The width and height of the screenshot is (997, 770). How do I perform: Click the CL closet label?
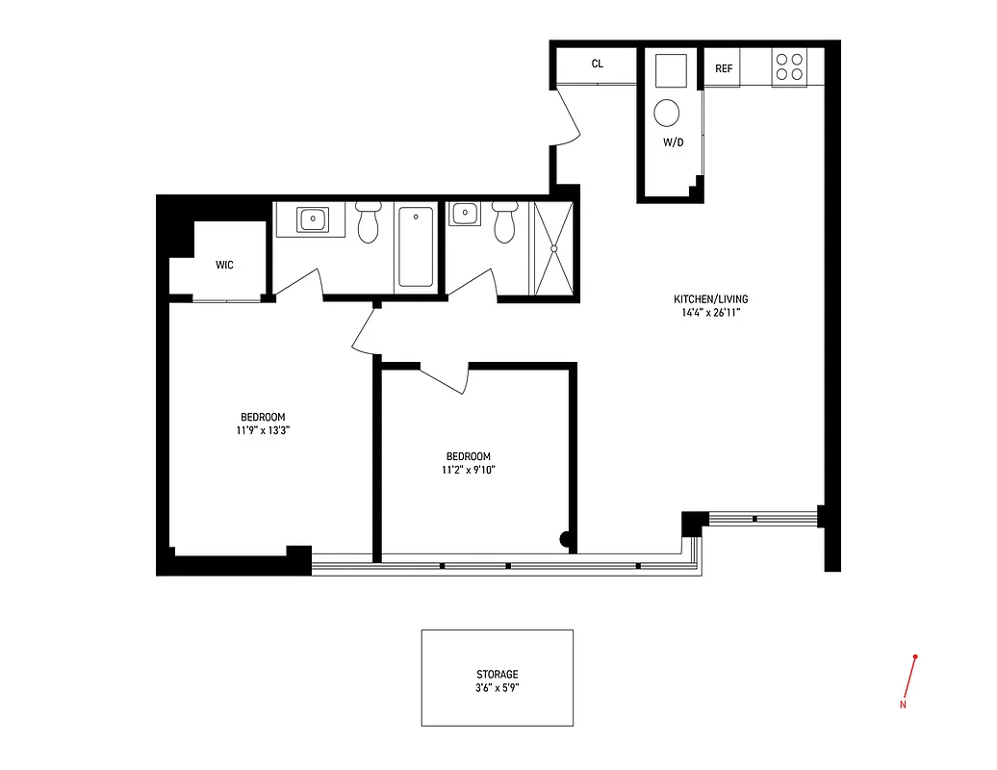pyautogui.click(x=597, y=64)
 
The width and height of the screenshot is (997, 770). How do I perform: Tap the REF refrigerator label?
pyautogui.click(x=724, y=69)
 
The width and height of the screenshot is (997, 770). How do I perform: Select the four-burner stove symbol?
pyautogui.click(x=790, y=66)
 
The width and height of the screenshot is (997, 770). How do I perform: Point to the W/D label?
pyautogui.click(x=673, y=142)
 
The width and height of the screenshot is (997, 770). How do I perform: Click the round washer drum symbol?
pyautogui.click(x=667, y=114)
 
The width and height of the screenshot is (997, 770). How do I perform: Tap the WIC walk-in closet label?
pyautogui.click(x=224, y=265)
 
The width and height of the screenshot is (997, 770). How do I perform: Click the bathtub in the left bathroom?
pyautogui.click(x=416, y=246)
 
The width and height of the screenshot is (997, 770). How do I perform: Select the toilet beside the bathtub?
pyautogui.click(x=368, y=224)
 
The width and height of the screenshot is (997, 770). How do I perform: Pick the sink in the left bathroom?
pyautogui.click(x=312, y=219)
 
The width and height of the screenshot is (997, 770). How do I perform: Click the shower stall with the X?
pyautogui.click(x=553, y=248)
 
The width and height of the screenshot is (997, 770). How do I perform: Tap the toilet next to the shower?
pyautogui.click(x=504, y=224)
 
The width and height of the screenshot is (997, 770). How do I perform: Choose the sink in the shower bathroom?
pyautogui.click(x=465, y=214)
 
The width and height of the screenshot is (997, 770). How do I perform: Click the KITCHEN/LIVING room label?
pyautogui.click(x=712, y=299)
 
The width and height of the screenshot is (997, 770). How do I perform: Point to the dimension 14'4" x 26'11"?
pyautogui.click(x=712, y=312)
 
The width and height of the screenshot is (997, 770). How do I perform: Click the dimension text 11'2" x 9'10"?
pyautogui.click(x=468, y=470)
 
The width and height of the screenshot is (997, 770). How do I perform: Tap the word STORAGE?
pyautogui.click(x=497, y=675)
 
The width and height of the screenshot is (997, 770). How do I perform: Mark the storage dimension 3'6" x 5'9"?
pyautogui.click(x=497, y=688)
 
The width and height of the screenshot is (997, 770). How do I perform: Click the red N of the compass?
pyautogui.click(x=903, y=705)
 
